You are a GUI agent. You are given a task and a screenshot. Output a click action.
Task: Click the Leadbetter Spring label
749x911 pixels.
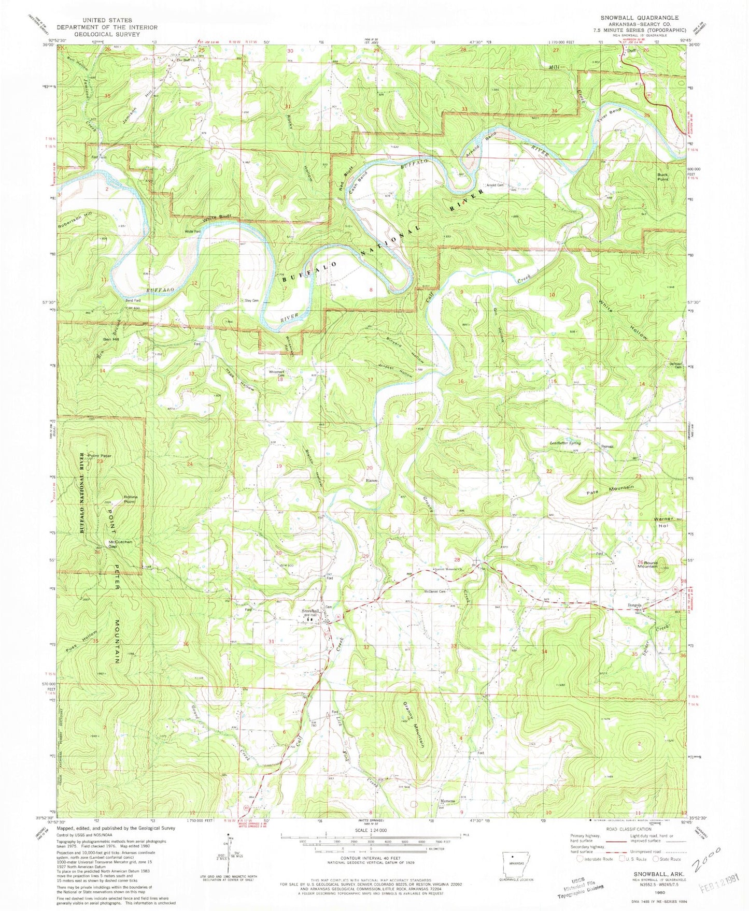tap(565, 443)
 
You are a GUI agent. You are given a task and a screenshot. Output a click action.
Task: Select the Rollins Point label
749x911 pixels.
tap(130, 499)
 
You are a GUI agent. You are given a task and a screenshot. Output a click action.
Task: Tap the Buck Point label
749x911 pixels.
tap(663, 177)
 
